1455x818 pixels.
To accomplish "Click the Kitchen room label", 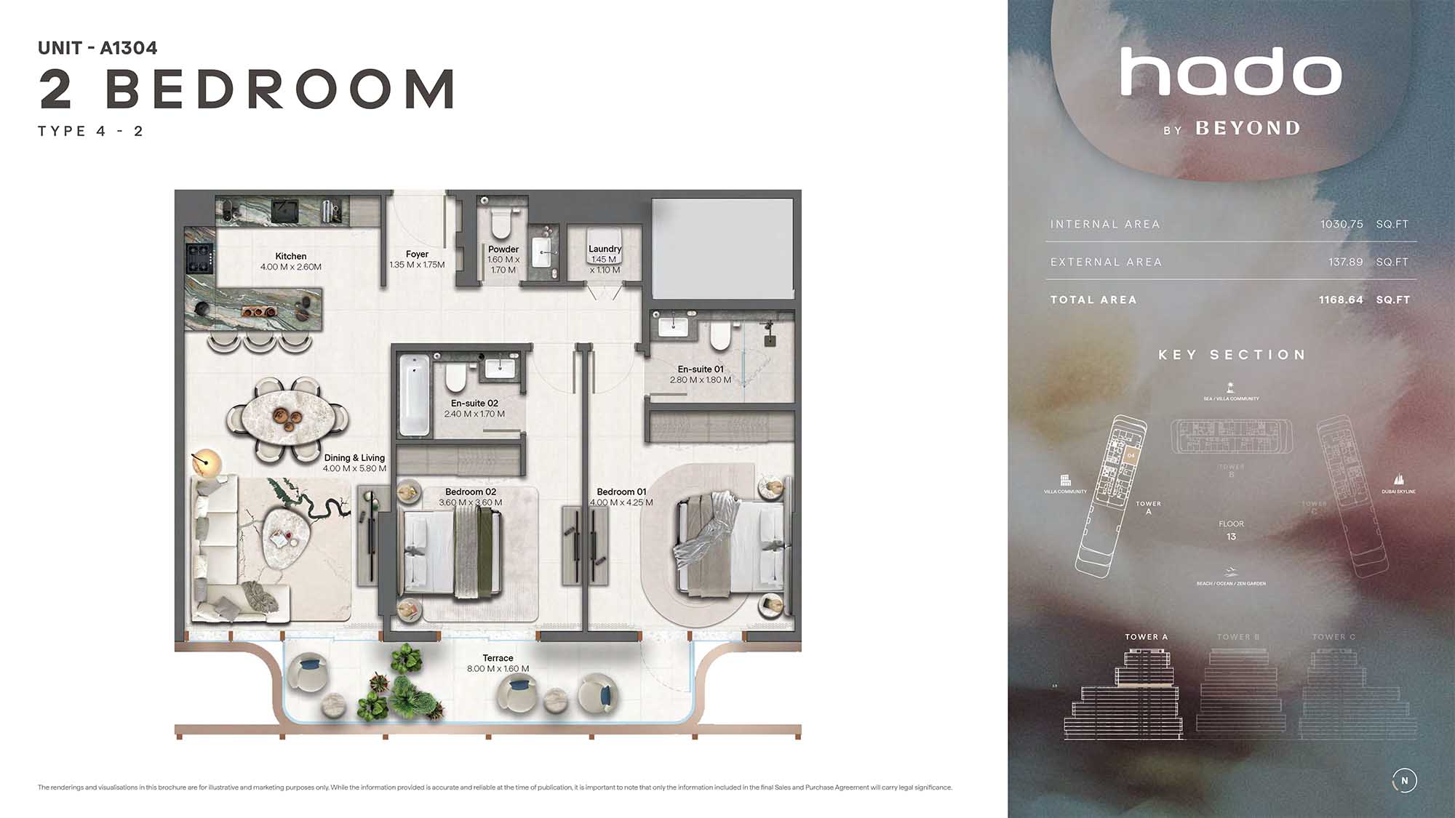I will [x=290, y=256].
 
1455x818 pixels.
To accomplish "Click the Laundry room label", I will [x=605, y=249].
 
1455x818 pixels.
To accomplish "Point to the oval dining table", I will [x=287, y=419].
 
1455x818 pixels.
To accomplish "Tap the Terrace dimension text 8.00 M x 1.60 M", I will [x=498, y=669].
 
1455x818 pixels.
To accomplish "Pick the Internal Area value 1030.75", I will [x=1342, y=224].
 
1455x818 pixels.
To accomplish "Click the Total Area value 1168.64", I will [x=1341, y=300].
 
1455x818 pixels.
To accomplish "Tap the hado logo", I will [x=1230, y=72].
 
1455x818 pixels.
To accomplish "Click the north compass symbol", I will [x=1404, y=780].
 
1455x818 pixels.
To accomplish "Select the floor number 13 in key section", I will [x=1231, y=537].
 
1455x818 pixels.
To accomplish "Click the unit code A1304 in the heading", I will [x=128, y=48].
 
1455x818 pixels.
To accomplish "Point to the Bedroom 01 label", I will [x=621, y=492].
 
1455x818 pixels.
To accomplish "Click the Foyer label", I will [x=417, y=254].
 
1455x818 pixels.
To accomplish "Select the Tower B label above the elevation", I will [x=1238, y=637].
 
